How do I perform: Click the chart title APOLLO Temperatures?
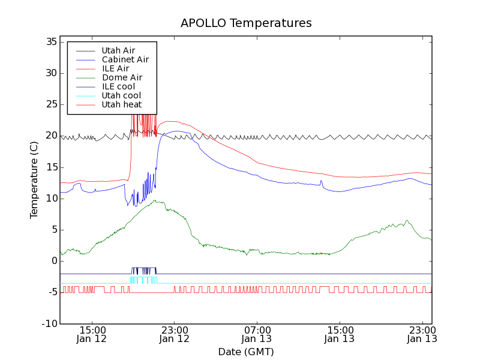point(246,23)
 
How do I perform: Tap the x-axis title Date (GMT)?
point(246,352)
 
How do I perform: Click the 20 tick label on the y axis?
point(50,136)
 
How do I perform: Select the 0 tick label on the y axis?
point(53,261)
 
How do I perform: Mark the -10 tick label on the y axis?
point(48,323)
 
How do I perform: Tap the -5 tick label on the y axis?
point(50,292)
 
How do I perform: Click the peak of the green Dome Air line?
point(155,201)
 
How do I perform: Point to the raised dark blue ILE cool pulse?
point(143,268)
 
